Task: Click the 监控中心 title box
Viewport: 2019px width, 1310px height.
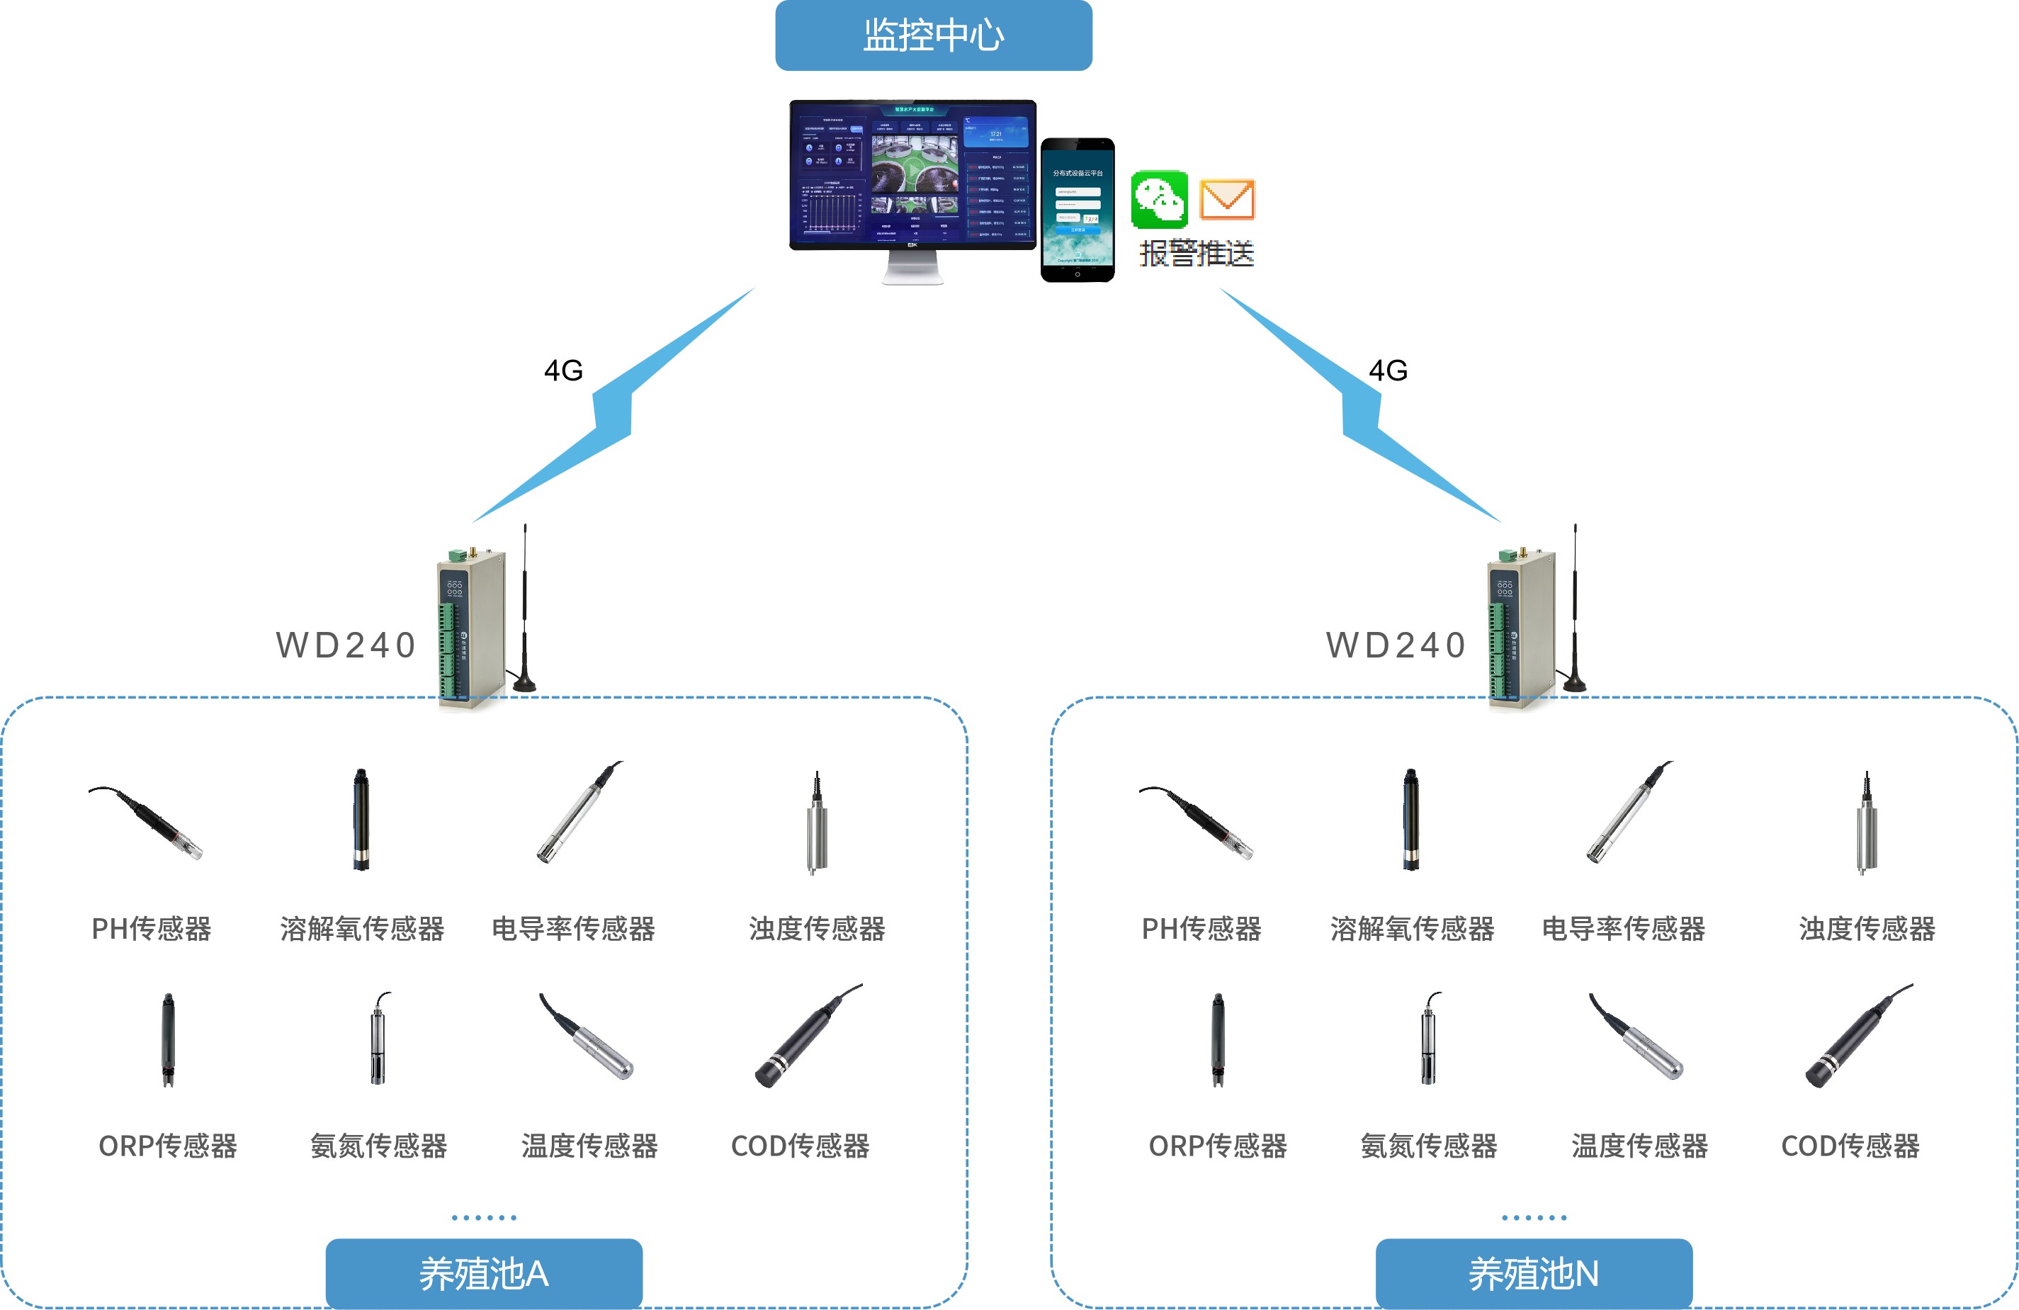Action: click(933, 35)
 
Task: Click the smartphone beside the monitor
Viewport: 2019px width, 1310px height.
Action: click(1078, 210)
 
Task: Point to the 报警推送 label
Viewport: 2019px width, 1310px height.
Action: click(1196, 254)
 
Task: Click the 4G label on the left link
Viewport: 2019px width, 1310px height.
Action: click(563, 371)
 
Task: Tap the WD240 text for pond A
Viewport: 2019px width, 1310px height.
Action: click(346, 645)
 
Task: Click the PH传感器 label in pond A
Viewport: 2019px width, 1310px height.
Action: click(151, 929)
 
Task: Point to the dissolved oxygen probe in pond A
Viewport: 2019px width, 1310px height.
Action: click(361, 820)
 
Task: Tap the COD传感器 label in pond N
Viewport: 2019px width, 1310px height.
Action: click(1850, 1146)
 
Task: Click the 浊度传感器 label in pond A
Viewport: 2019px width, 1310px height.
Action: click(817, 929)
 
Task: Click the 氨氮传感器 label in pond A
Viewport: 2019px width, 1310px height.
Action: click(378, 1146)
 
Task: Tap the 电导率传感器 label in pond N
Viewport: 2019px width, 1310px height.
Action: click(1623, 929)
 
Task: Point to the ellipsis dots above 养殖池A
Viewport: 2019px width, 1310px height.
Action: click(484, 1217)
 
